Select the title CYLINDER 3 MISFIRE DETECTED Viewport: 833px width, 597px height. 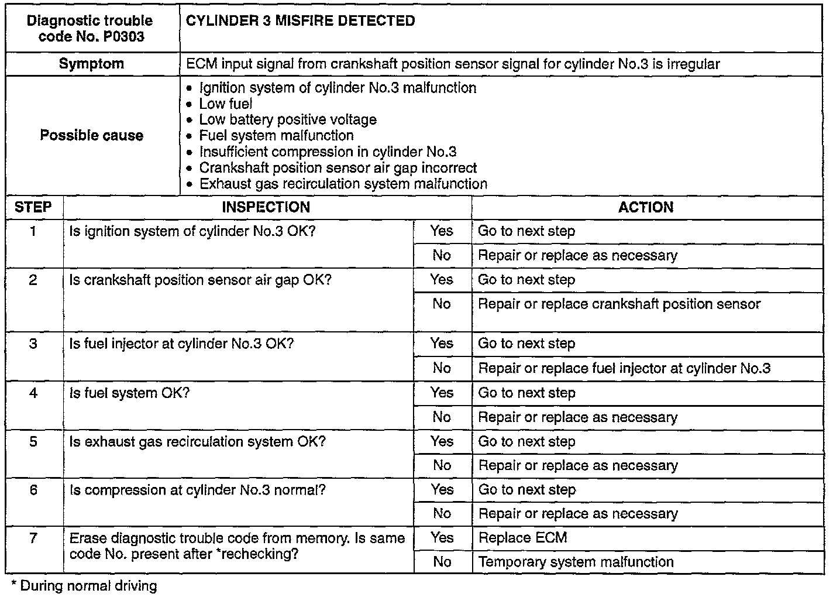[x=300, y=21]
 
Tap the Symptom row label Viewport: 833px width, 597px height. [x=92, y=64]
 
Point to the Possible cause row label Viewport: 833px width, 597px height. [x=92, y=135]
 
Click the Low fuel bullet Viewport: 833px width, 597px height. [x=226, y=104]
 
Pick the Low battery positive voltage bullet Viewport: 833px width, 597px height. [x=288, y=119]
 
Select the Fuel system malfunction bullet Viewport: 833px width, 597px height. [x=276, y=136]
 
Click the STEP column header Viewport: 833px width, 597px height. [x=33, y=207]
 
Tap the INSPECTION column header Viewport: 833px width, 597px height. [x=266, y=207]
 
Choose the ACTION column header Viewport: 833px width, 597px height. [x=646, y=207]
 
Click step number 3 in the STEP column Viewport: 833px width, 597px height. [x=33, y=344]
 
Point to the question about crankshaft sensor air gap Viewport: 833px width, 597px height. [x=200, y=280]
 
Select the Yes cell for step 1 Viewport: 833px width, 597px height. [x=442, y=231]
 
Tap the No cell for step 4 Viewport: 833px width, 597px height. [x=442, y=417]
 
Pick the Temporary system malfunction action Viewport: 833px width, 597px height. [x=576, y=562]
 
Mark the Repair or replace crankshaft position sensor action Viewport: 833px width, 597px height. [x=619, y=304]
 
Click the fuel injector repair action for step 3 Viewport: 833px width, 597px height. [x=624, y=368]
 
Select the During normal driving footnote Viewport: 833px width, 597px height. [x=84, y=585]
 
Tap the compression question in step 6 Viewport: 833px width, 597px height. [x=198, y=490]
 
